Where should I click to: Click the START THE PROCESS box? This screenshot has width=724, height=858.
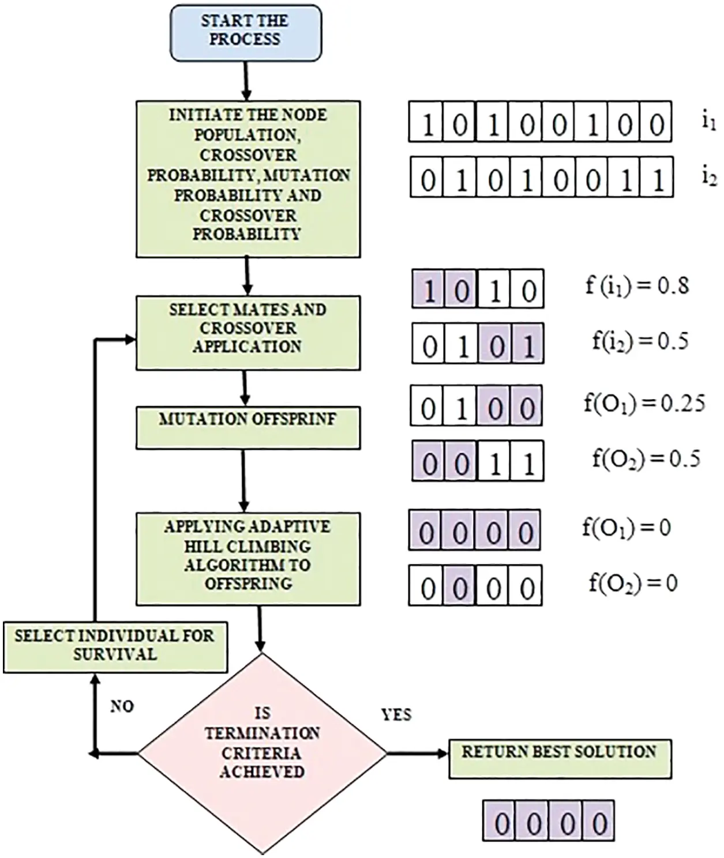245,32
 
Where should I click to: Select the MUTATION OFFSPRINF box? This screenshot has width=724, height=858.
247,427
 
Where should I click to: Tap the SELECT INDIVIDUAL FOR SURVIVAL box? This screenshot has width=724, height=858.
115,646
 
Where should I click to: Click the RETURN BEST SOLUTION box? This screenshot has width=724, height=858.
560,758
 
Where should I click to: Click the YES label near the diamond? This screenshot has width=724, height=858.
396,715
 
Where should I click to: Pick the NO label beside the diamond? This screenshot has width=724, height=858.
122,706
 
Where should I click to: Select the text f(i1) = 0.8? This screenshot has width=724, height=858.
637,285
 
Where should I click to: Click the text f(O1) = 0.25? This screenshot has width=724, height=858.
644,403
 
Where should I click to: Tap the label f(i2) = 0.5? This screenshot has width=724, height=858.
640,341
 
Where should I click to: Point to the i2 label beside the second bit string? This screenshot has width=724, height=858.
709,177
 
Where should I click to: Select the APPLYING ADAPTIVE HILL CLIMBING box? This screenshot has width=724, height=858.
247,555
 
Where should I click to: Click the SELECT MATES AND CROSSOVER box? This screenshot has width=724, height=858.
247,332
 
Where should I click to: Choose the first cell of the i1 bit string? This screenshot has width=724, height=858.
426,122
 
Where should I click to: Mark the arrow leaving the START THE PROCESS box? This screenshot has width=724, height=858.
246,81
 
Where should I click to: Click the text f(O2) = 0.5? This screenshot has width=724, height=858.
646,458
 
